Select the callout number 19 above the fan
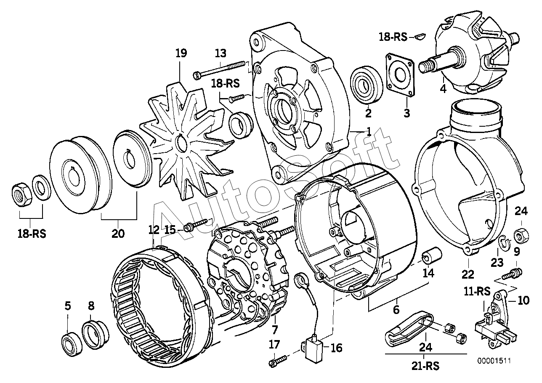pyautogui.click(x=181, y=53)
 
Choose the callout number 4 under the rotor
pyautogui.click(x=443, y=89)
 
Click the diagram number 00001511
pyautogui.click(x=494, y=361)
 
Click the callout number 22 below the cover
pyautogui.click(x=468, y=274)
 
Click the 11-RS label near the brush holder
pyautogui.click(x=477, y=291)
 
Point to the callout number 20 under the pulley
pyautogui.click(x=118, y=234)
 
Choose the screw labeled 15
pyautogui.click(x=196, y=225)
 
